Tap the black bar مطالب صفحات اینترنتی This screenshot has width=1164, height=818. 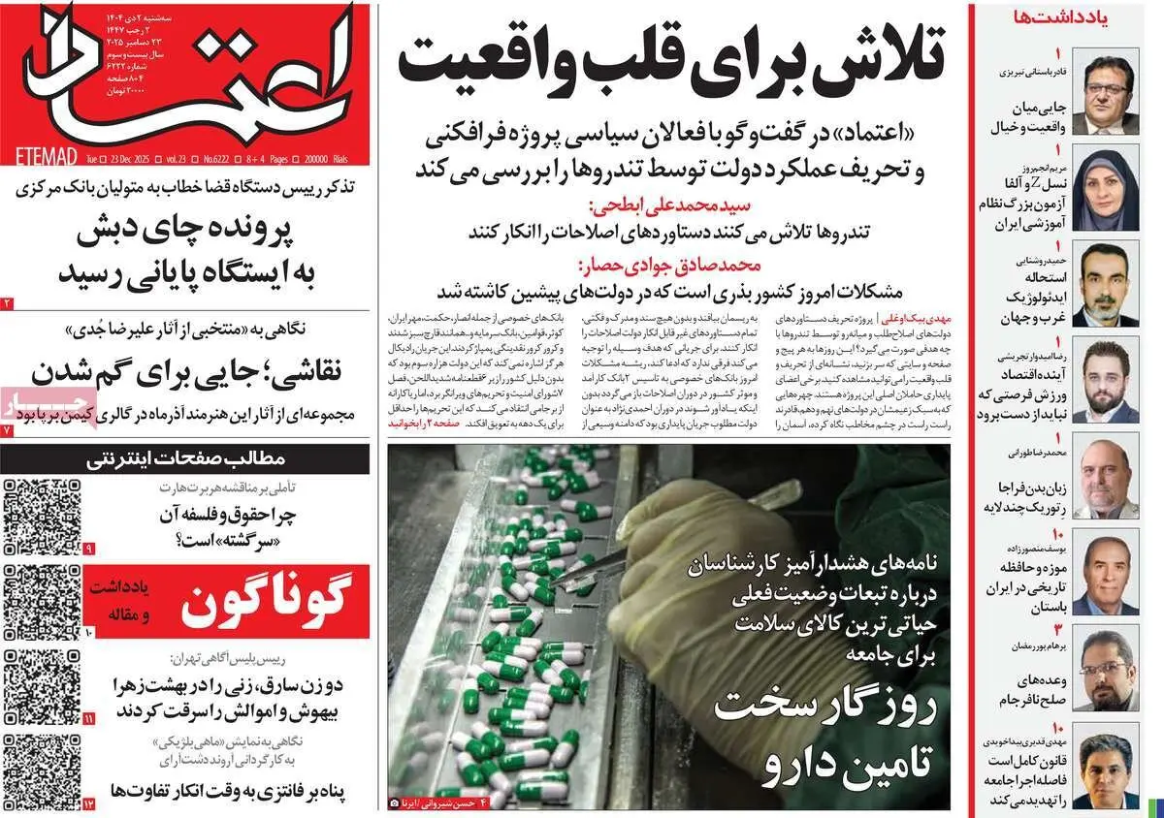tap(184, 458)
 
